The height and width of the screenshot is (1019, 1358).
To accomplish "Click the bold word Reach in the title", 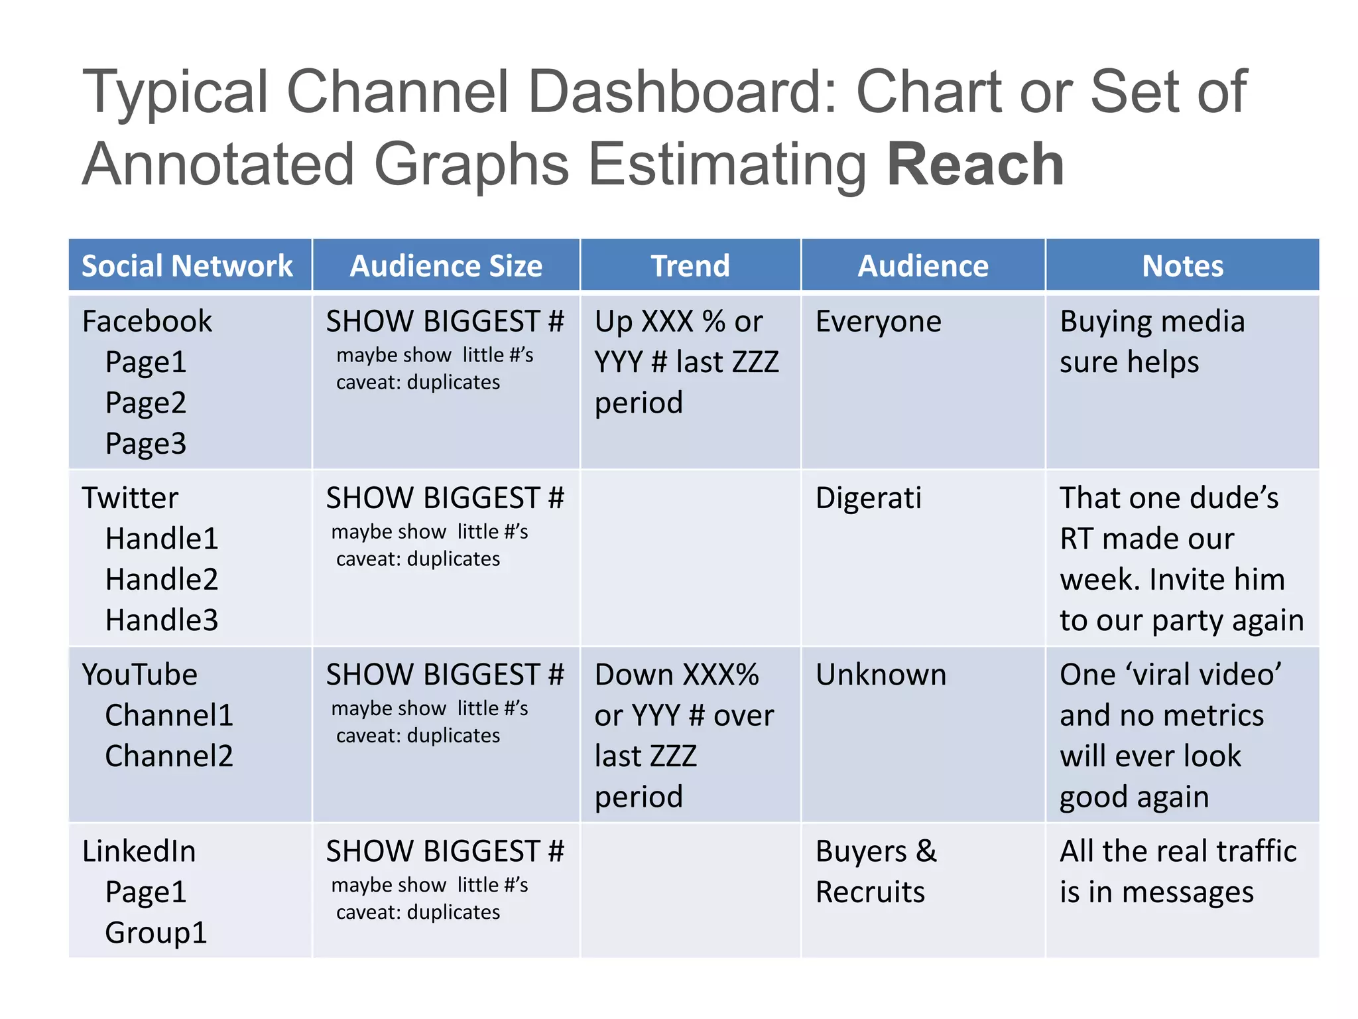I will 975,165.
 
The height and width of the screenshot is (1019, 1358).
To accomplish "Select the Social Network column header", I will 187,266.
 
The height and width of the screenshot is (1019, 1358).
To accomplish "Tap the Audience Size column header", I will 446,266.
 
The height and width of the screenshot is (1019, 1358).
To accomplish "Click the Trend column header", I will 690,266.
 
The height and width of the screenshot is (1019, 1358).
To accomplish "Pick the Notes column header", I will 1182,266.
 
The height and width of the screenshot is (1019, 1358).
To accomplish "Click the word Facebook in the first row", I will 147,322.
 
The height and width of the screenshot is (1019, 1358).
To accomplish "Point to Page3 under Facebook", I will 146,444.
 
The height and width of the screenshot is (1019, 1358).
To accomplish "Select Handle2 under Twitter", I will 162,580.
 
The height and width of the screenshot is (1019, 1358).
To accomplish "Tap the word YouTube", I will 140,675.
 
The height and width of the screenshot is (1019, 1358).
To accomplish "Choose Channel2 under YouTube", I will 169,756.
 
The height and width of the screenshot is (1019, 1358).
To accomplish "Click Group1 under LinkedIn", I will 156,933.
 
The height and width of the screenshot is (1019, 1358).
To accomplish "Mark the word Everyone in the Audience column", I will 878,322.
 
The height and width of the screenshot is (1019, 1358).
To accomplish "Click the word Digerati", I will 869,498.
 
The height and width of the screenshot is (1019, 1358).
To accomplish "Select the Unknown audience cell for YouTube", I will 881,675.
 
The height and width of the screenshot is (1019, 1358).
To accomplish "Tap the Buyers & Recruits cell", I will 875,872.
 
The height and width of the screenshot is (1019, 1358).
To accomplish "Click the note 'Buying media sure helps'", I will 1152,342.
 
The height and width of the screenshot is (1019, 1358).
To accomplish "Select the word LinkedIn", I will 139,852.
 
